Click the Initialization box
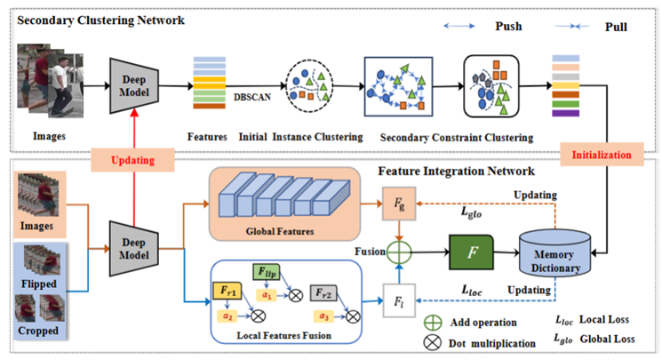click(x=601, y=154)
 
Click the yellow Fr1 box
click(x=228, y=290)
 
